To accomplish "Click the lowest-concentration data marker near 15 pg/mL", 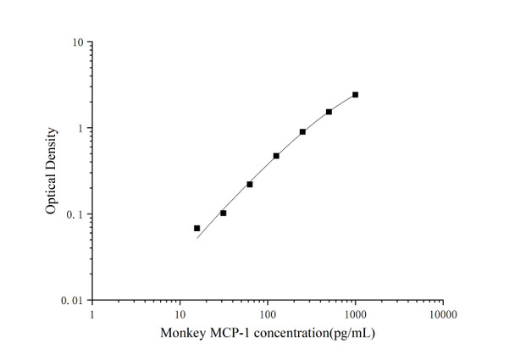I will click(197, 228).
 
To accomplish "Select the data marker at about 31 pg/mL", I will click(224, 213).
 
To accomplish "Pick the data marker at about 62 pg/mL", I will click(250, 184).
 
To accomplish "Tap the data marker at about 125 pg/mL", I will click(276, 156).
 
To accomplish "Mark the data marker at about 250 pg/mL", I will click(302, 131).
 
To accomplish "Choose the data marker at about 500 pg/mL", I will click(329, 112).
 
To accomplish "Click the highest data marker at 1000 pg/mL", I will click(355, 95).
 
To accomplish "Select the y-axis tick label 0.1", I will click(76, 214).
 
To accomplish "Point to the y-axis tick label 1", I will click(80, 129).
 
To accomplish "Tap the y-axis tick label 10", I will click(78, 42).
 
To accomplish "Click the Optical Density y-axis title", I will click(52, 171).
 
